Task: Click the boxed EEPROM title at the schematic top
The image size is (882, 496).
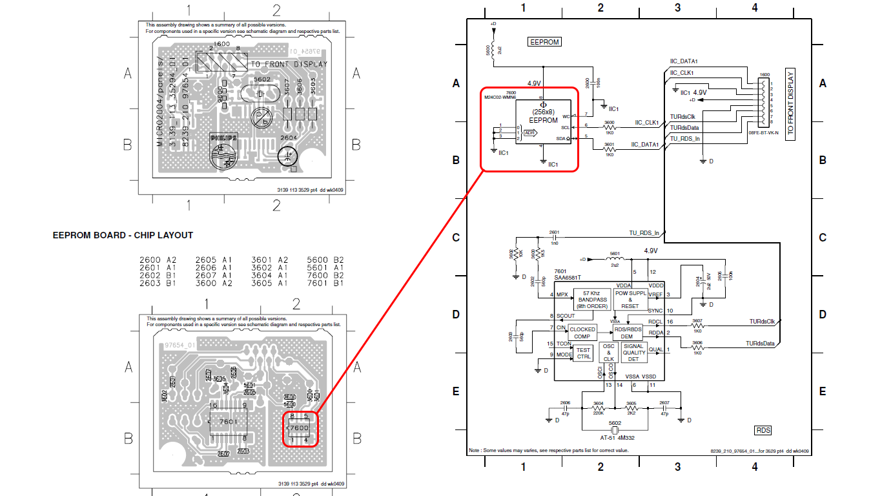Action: coord(544,42)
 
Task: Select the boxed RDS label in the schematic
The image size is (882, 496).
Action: coord(763,430)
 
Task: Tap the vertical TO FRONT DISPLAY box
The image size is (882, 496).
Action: coord(791,104)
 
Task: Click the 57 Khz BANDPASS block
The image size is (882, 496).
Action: coord(592,300)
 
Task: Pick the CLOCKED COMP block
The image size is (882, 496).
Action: coord(582,333)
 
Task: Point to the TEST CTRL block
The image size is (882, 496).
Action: coord(583,353)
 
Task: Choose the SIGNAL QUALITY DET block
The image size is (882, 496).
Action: coord(633,352)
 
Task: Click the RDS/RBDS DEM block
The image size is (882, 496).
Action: coord(626,333)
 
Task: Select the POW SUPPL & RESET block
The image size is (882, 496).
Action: coord(630,300)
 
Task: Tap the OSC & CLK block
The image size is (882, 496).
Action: coord(608,352)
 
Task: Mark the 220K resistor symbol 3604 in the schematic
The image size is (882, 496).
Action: coord(598,409)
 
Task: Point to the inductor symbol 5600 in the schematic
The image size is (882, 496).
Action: coord(494,50)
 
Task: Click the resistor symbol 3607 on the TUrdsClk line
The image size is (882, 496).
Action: coord(697,327)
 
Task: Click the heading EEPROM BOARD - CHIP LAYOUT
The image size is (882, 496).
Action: coord(123,235)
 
